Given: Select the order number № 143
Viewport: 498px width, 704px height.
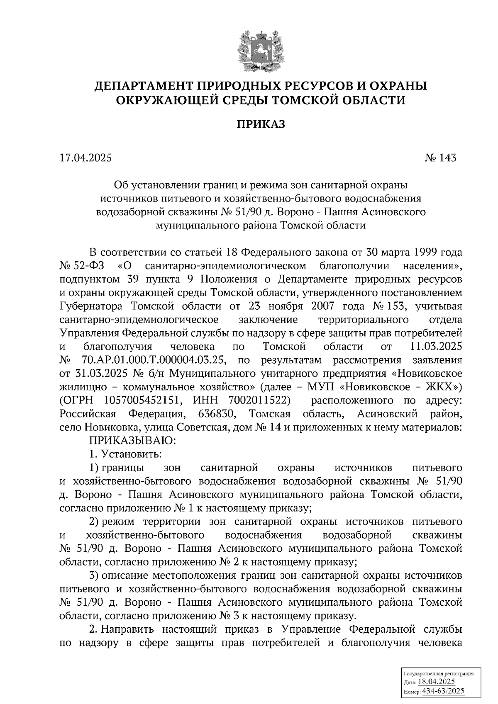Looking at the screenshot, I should (x=440, y=158).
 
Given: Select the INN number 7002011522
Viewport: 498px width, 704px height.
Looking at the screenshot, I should (x=259, y=401).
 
